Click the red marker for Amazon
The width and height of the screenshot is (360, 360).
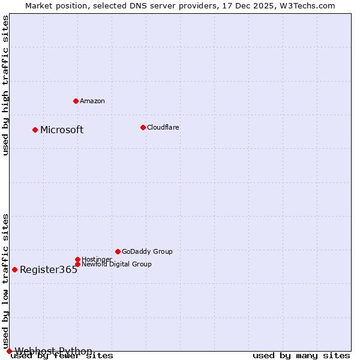[x=76, y=101]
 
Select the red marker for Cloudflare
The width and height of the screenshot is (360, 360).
[x=143, y=127]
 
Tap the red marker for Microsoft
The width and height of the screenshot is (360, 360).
[x=35, y=130]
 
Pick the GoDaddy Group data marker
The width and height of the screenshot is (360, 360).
[x=118, y=251]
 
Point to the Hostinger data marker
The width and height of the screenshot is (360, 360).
[x=77, y=259]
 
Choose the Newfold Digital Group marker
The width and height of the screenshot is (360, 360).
[x=77, y=264]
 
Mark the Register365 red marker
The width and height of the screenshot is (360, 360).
[x=14, y=269]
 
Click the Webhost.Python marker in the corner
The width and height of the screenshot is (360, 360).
[x=9, y=351]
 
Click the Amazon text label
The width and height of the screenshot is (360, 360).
[x=92, y=101]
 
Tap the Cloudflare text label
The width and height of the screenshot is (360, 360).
[x=163, y=127]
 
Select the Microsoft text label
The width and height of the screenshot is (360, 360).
[x=62, y=130]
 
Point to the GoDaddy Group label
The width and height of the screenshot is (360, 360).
[x=147, y=251]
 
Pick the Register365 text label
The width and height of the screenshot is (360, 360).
[x=49, y=269]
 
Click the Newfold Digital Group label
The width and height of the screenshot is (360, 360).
[x=116, y=264]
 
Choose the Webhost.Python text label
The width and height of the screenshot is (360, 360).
[x=53, y=351]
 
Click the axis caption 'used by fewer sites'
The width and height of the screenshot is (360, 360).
[x=62, y=356]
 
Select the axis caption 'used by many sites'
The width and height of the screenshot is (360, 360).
[x=301, y=356]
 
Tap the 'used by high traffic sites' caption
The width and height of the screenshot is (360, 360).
[x=5, y=85]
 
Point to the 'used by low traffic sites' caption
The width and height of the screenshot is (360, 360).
[x=5, y=281]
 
